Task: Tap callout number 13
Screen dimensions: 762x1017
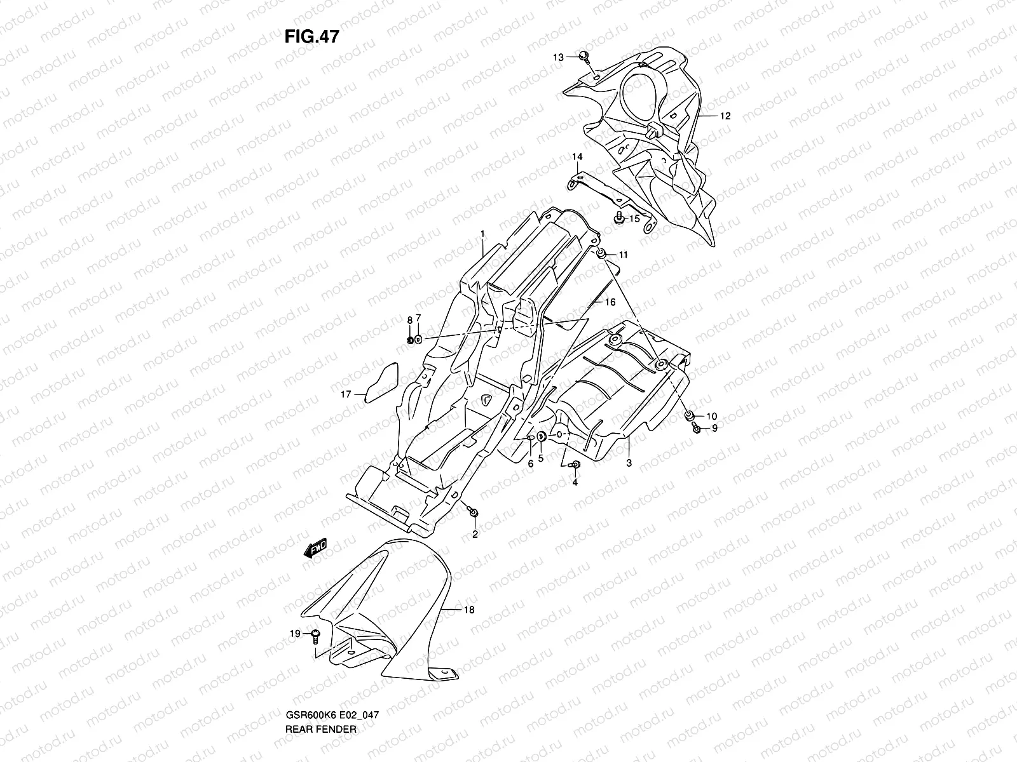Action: point(557,58)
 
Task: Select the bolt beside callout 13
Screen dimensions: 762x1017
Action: point(584,57)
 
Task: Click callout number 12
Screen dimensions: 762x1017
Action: point(725,116)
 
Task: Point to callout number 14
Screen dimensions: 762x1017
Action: point(577,157)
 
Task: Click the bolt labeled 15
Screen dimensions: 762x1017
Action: point(618,219)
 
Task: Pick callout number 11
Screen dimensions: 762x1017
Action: point(623,255)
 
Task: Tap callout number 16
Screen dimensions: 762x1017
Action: point(610,302)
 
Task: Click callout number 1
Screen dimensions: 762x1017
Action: point(482,234)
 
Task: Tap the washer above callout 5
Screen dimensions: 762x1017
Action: point(541,436)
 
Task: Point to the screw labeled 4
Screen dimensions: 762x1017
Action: point(576,465)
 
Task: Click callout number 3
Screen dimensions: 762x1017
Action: point(629,463)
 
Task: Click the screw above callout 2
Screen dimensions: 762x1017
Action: point(473,511)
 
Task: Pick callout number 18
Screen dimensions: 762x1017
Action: point(468,610)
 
